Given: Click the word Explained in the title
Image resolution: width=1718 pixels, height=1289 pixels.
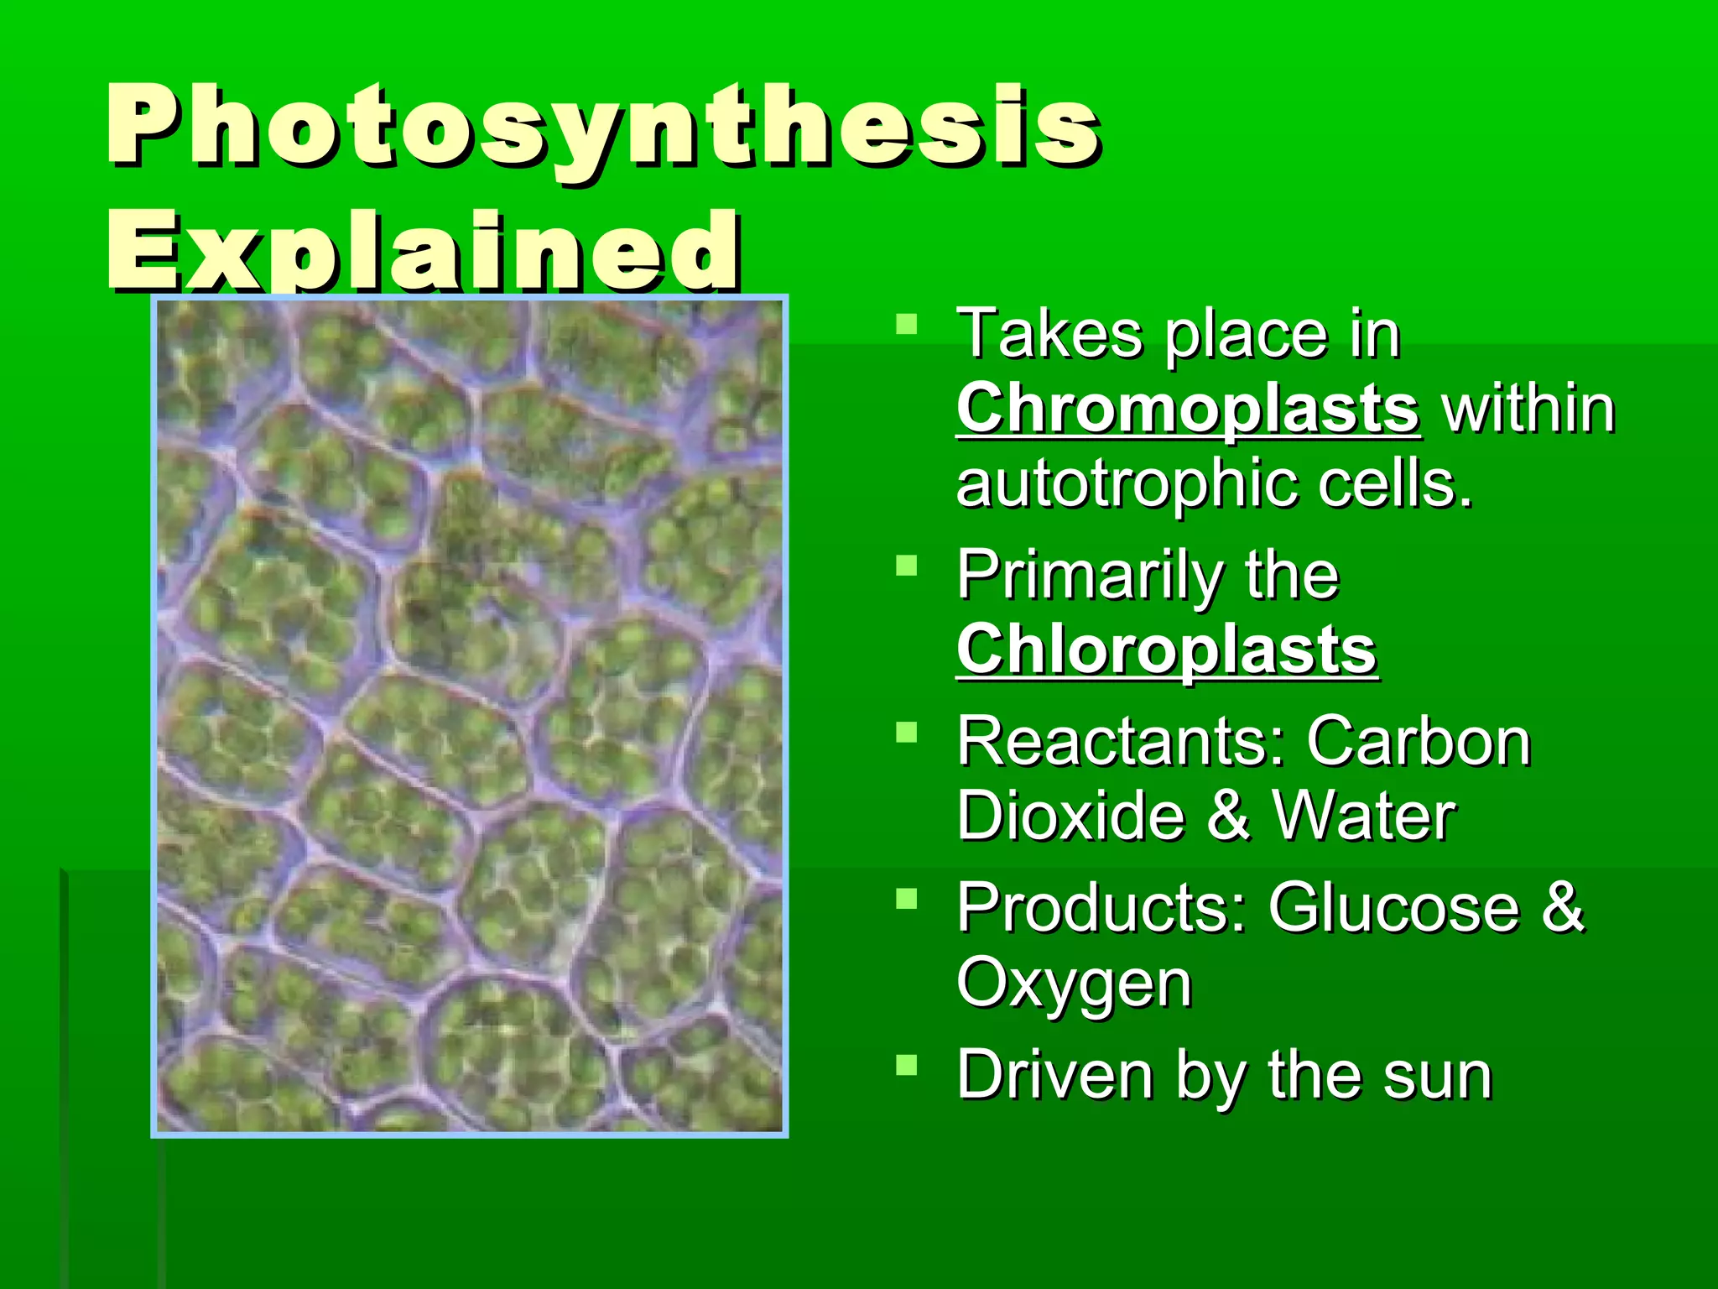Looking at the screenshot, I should click(x=424, y=250).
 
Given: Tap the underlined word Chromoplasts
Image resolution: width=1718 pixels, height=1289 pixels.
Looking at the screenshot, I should click(x=1188, y=409).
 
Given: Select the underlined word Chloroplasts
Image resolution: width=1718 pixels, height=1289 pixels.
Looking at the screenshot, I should click(x=1166, y=650).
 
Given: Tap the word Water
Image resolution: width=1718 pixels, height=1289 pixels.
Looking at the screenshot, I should click(x=1364, y=816).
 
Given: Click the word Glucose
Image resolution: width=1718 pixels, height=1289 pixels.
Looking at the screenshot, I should click(x=1393, y=908).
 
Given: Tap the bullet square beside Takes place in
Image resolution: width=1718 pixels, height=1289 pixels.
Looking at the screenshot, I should click(x=906, y=324).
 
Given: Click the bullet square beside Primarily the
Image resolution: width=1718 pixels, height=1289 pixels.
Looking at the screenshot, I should click(x=906, y=566).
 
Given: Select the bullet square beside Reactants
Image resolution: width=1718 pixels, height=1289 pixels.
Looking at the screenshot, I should click(x=906, y=733).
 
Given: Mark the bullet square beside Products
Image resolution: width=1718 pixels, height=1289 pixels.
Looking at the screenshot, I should click(x=906, y=900).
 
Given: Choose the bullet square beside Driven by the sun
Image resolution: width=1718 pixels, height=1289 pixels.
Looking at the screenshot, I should click(x=906, y=1066).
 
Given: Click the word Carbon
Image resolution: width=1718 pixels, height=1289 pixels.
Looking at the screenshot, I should click(x=1419, y=742).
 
